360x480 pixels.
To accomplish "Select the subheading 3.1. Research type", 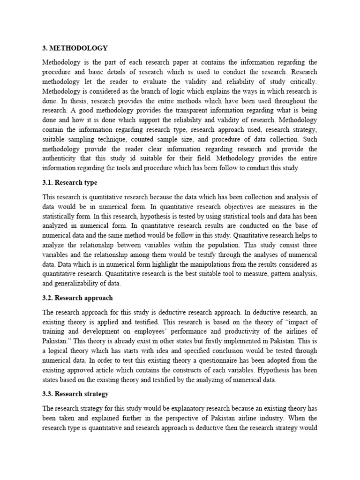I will [70, 182].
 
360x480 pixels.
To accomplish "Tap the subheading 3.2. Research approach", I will [77, 298].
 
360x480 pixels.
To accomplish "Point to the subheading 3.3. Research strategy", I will [75, 394].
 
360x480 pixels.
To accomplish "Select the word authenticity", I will [63, 158].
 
